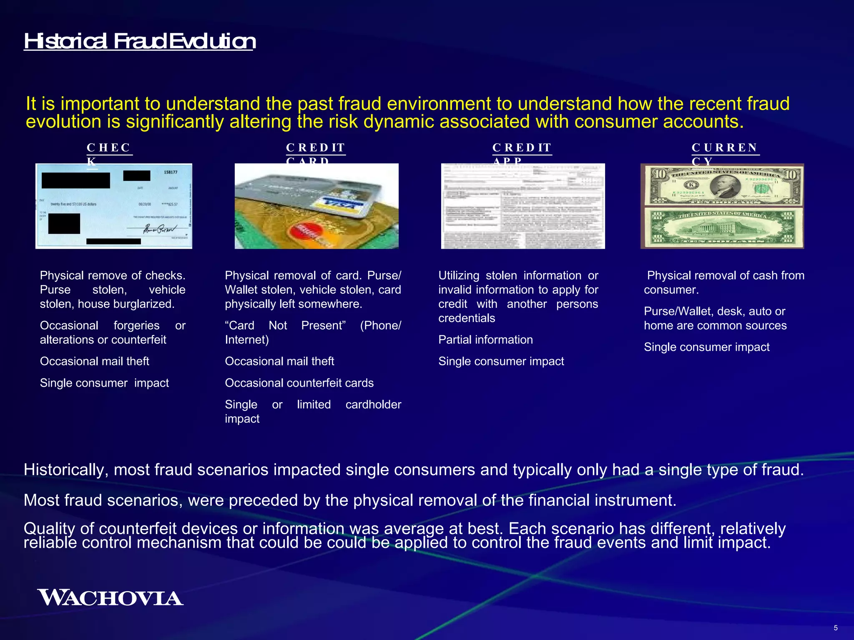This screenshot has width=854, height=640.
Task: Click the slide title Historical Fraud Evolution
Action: tap(139, 41)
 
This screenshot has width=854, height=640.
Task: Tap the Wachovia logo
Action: tap(110, 598)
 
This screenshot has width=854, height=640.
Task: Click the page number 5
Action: tap(836, 628)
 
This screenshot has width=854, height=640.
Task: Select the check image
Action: tap(113, 206)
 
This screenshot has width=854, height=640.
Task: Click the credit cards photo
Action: tap(316, 206)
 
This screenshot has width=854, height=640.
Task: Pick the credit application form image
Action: tap(523, 206)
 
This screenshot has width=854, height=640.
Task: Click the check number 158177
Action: tap(171, 172)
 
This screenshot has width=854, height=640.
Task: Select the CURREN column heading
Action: tap(725, 148)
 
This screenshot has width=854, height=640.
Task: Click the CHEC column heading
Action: tap(109, 148)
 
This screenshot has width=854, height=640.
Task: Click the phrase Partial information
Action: tap(485, 340)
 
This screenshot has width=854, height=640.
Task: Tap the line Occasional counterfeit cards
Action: tap(299, 383)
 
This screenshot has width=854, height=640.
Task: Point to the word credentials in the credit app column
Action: tap(467, 318)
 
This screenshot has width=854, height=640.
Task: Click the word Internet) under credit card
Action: tap(247, 340)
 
